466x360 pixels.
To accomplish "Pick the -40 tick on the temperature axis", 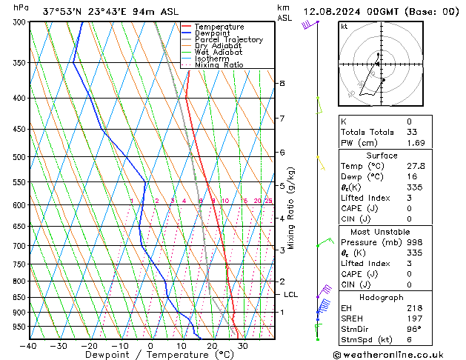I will [x=29, y=346].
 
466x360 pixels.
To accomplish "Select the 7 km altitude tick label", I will [x=282, y=119].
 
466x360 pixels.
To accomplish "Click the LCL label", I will [x=291, y=295].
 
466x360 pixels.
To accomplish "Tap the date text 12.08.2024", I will [x=332, y=12].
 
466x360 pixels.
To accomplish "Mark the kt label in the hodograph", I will [x=344, y=27].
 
